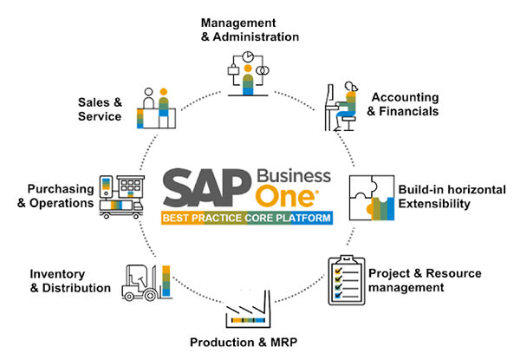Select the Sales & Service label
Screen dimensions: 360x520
pyautogui.click(x=99, y=108)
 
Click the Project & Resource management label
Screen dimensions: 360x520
pyautogui.click(x=425, y=280)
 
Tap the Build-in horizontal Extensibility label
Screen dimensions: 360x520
pyautogui.click(x=445, y=196)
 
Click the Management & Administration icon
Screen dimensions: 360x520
pyautogui.click(x=250, y=75)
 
